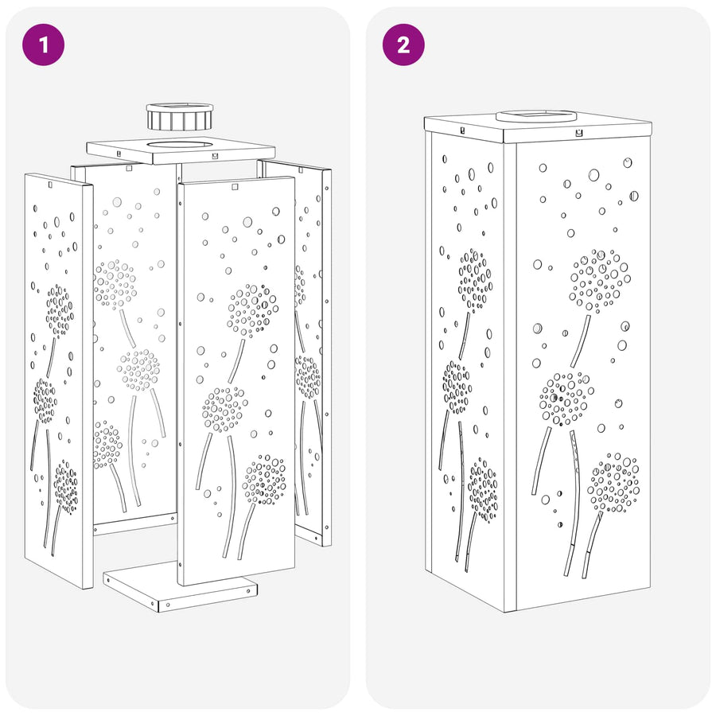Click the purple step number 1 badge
click(44, 45)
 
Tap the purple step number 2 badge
click(403, 45)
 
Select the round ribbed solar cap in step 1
click(180, 116)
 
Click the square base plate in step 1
click(180, 587)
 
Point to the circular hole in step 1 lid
click(180, 146)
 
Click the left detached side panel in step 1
click(59, 380)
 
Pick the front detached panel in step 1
click(236, 380)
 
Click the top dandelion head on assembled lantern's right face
click(600, 280)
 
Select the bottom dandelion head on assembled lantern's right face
click(613, 483)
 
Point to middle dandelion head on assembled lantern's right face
click(566, 399)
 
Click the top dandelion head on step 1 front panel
click(252, 310)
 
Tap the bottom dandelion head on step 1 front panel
click(264, 480)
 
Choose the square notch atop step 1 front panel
click(235, 187)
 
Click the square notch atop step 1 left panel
click(49, 185)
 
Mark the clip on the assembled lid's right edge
click(579, 134)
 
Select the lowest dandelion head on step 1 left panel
click(66, 487)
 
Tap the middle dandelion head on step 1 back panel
click(138, 370)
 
